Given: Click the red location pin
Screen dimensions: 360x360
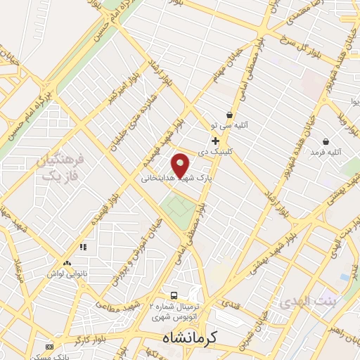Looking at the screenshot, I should click(181, 165).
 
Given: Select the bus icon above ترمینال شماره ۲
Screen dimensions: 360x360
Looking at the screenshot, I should click(174, 295).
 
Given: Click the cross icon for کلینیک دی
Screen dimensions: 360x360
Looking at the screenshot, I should click(214, 141).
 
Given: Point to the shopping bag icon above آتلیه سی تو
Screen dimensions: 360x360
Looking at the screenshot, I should click(229, 115).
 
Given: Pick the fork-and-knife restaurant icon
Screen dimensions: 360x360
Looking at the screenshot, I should click(83, 247).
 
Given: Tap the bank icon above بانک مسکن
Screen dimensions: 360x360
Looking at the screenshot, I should click(49, 347).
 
